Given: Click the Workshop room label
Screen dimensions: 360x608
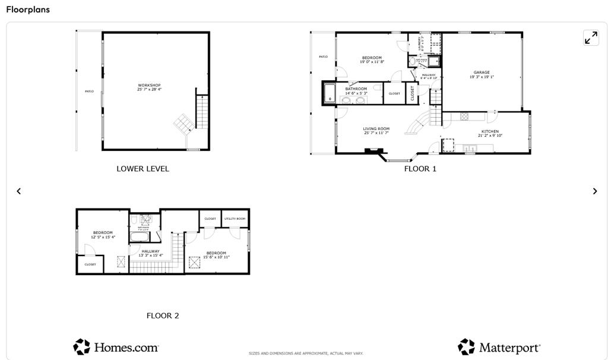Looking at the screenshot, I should [x=149, y=86].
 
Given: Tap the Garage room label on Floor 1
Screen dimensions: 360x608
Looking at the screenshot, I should [x=482, y=72].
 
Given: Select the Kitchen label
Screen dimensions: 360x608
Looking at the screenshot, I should [x=490, y=131].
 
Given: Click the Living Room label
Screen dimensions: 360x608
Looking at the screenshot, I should [x=376, y=129].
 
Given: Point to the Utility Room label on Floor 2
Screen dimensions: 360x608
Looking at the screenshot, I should [x=235, y=219].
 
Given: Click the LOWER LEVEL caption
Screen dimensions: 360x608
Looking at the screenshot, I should [x=142, y=169].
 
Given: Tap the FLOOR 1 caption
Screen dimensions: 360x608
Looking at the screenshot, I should [x=420, y=169].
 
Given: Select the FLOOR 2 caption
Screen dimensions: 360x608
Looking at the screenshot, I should [x=163, y=316].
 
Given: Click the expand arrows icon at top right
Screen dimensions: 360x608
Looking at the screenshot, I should [x=591, y=38].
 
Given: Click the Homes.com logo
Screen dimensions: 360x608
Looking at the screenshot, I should [x=116, y=347].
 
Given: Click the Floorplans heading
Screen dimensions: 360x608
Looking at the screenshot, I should [x=28, y=10].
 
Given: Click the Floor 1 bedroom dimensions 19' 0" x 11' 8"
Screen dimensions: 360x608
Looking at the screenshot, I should [x=373, y=62].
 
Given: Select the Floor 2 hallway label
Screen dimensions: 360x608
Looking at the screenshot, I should [x=150, y=251].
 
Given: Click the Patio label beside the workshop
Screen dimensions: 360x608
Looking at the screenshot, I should [x=89, y=91].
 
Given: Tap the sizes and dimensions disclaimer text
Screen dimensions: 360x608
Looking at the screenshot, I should [x=306, y=353].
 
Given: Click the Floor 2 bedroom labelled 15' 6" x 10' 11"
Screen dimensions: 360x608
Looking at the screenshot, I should [x=217, y=253].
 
